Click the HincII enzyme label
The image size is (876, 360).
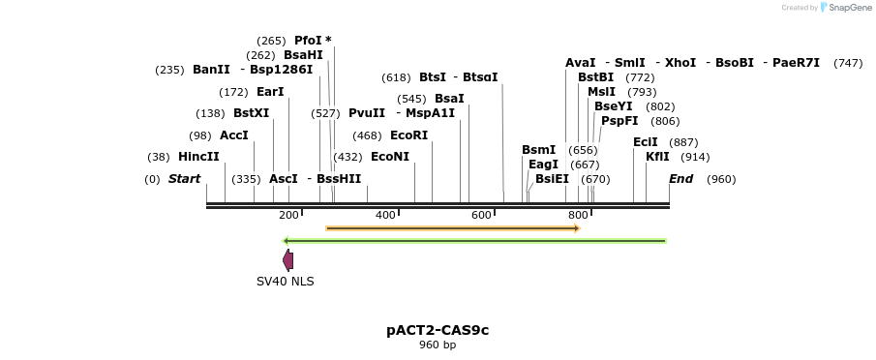pyautogui.click(x=198, y=157)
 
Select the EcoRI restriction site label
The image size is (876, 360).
pyautogui.click(x=408, y=135)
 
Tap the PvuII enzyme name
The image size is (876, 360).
pyautogui.click(x=367, y=113)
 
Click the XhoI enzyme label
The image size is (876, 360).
pyautogui.click(x=680, y=63)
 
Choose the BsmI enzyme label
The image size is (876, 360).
pyautogui.click(x=538, y=150)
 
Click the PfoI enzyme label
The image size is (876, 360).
pyautogui.click(x=309, y=41)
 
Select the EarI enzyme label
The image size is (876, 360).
pyautogui.click(x=270, y=92)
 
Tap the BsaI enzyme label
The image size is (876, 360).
pyautogui.click(x=449, y=99)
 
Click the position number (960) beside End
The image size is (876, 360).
pyautogui.click(x=721, y=179)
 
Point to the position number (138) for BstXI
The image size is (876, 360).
pyautogui.click(x=210, y=113)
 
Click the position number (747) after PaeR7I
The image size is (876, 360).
pyautogui.click(x=848, y=63)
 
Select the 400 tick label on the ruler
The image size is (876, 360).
pyautogui.click(x=385, y=215)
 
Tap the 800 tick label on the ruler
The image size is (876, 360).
pyautogui.click(x=578, y=215)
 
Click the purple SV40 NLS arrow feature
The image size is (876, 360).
pyautogui.click(x=287, y=259)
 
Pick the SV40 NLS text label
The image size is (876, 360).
pyautogui.click(x=285, y=282)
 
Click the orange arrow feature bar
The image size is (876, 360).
pyautogui.click(x=452, y=228)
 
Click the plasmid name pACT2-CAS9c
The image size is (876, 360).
pyautogui.click(x=438, y=330)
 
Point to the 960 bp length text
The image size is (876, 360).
pyautogui.click(x=438, y=345)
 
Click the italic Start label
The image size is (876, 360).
pyautogui.click(x=184, y=179)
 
